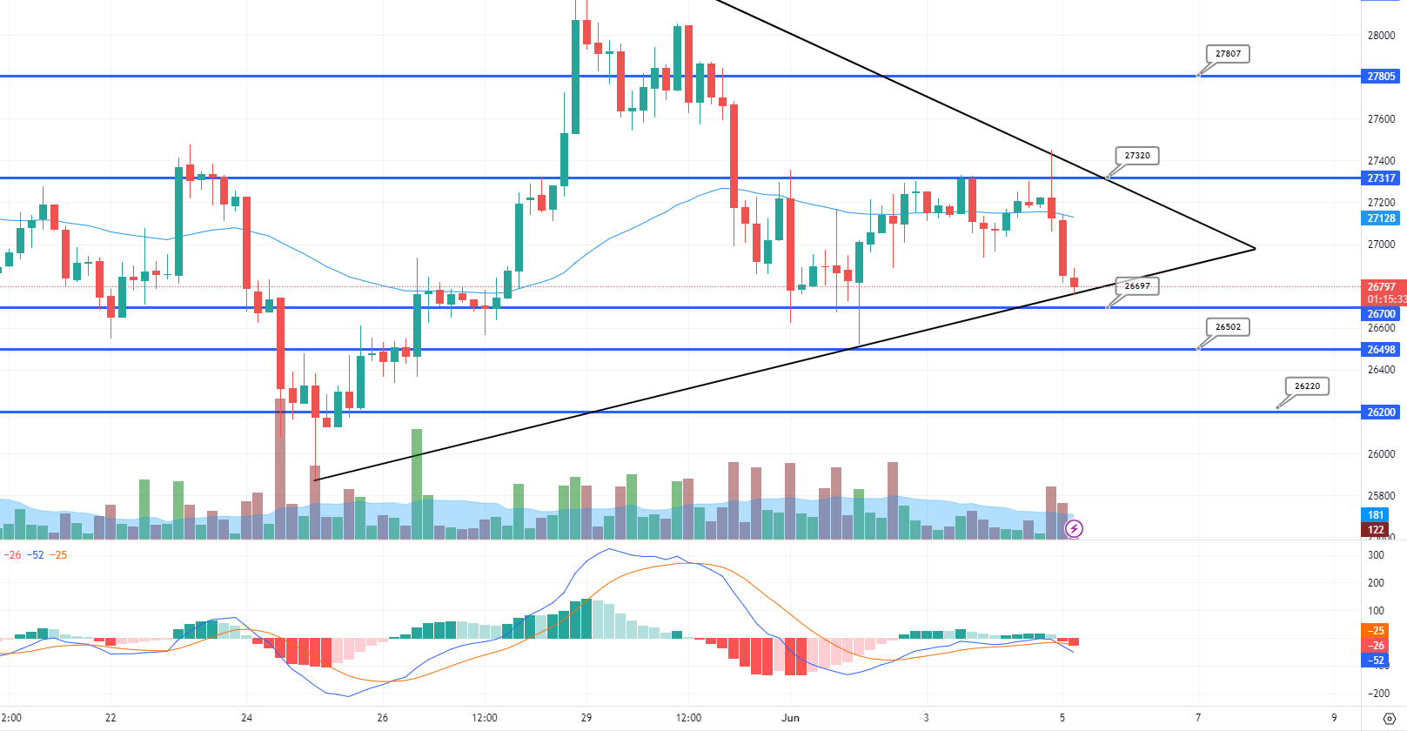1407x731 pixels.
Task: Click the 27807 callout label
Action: click(1228, 54)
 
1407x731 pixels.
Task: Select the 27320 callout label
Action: click(1137, 156)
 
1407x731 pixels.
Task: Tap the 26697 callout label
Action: click(1136, 285)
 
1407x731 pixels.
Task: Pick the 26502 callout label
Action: click(1228, 327)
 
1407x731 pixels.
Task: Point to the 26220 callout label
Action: click(1307, 386)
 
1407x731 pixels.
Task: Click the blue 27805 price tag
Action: click(1381, 77)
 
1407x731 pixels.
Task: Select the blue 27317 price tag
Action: click(1381, 178)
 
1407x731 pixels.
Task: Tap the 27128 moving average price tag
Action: click(1381, 218)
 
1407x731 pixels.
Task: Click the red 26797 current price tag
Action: click(1381, 287)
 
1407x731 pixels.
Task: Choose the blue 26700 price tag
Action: click(1381, 314)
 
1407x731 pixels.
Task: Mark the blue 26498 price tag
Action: click(1381, 350)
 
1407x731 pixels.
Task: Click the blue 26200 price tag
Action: click(1381, 412)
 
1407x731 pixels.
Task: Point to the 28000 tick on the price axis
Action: click(1381, 36)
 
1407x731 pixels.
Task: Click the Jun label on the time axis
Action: click(790, 718)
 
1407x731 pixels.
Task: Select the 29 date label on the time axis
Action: click(586, 718)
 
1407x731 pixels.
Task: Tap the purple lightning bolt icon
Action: click(1074, 528)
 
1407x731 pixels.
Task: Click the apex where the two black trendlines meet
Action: click(1255, 249)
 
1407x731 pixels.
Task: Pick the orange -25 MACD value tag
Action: click(1376, 631)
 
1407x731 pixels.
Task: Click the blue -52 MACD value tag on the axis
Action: click(1376, 661)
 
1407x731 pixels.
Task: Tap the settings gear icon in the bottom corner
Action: click(1389, 719)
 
